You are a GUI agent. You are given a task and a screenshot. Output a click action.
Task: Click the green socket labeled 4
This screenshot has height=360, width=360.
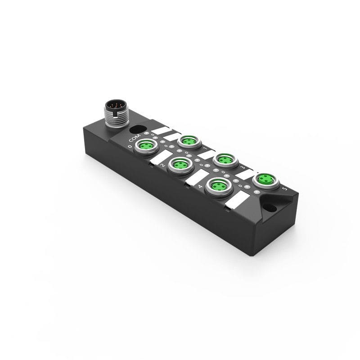(216, 185)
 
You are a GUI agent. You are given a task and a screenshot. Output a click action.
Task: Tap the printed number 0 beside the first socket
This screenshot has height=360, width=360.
(130, 146)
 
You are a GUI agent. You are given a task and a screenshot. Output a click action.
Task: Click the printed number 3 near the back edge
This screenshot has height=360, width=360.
(243, 167)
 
